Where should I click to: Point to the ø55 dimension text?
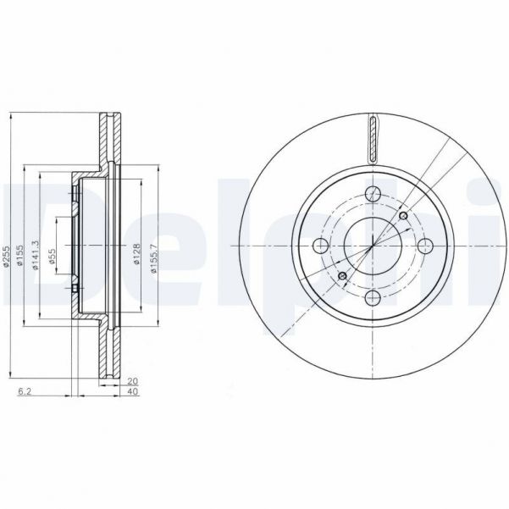point(53,257)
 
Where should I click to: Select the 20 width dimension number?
point(132,380)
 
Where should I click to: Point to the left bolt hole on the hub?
point(320,246)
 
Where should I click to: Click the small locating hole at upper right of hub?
point(403,217)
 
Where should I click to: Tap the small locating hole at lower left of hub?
point(342,277)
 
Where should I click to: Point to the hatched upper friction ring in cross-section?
point(108,136)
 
